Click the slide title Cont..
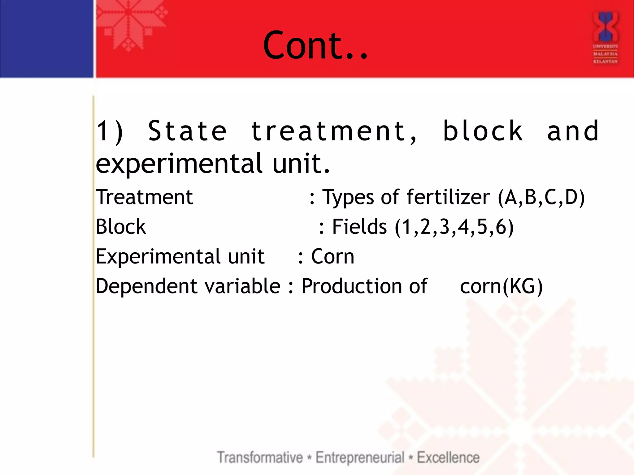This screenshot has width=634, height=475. click(315, 45)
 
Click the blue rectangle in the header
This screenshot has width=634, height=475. click(46, 39)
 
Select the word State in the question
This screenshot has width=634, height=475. click(187, 131)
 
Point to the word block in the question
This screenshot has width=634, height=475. click(483, 131)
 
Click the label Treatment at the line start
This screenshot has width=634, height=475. click(144, 197)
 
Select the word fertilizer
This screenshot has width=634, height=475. click(448, 197)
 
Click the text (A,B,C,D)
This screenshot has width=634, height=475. click(541, 198)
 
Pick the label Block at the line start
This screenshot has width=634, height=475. click(120, 227)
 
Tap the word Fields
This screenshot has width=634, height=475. click(359, 227)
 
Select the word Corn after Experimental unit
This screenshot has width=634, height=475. click(332, 257)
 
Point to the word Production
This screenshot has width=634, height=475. click(364, 286)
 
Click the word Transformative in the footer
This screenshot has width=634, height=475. click(260, 457)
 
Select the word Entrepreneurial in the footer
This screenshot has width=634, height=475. click(360, 458)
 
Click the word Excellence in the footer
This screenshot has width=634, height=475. click(448, 457)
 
